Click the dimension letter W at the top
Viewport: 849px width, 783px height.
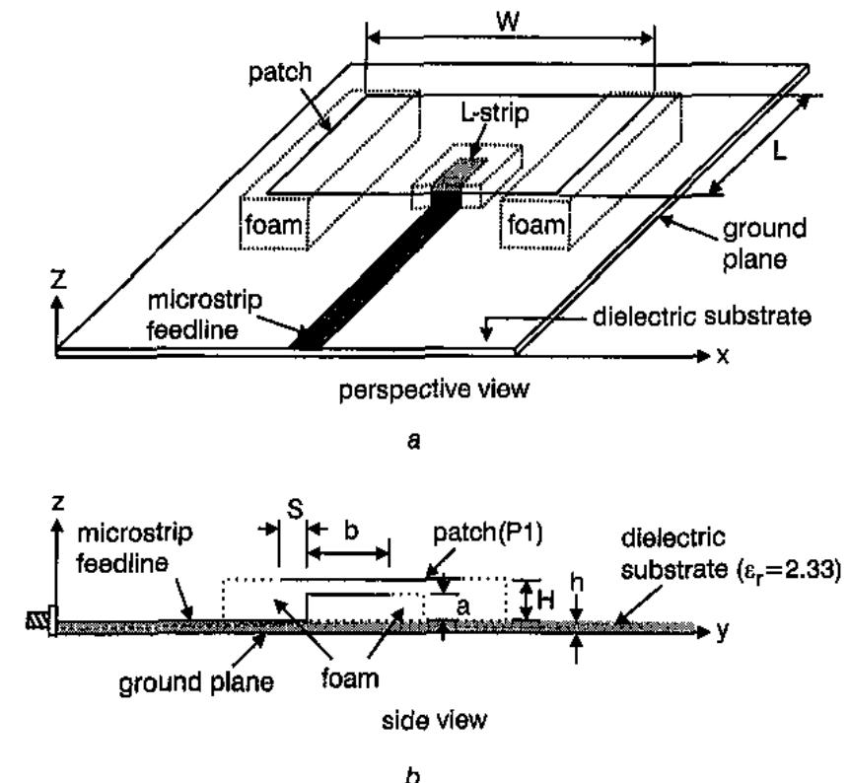click(509, 21)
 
